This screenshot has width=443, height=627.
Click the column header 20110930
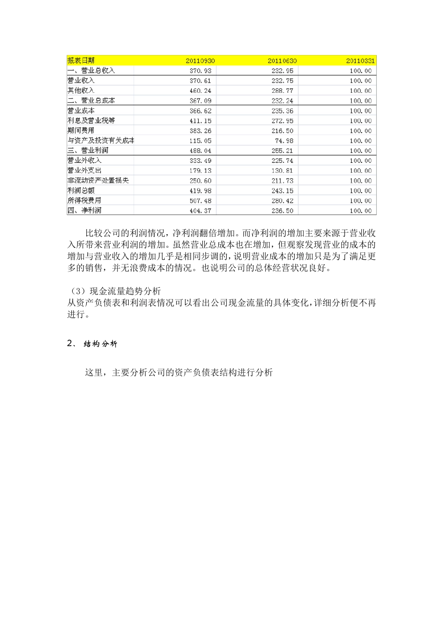(x=200, y=61)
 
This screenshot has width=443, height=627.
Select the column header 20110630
(x=282, y=61)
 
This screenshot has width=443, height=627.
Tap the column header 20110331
(x=360, y=61)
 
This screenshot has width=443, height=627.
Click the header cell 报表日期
(x=81, y=61)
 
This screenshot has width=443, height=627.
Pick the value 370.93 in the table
(x=200, y=71)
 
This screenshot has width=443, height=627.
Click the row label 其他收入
(x=81, y=91)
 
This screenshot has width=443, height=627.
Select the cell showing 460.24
(x=200, y=91)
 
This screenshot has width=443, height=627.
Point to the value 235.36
(x=282, y=111)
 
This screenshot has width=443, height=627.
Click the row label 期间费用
(x=81, y=131)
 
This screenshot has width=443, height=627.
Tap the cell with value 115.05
(x=200, y=141)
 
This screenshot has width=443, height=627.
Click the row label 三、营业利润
(x=88, y=151)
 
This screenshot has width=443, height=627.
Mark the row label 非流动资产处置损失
(x=98, y=181)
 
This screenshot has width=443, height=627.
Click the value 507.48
(x=200, y=201)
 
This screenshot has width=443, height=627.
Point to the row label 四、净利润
(x=84, y=210)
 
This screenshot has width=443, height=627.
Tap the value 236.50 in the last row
(x=282, y=211)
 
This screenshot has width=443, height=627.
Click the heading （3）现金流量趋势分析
(x=114, y=292)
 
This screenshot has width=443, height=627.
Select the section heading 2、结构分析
(x=92, y=344)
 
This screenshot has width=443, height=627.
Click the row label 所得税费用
(x=84, y=201)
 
